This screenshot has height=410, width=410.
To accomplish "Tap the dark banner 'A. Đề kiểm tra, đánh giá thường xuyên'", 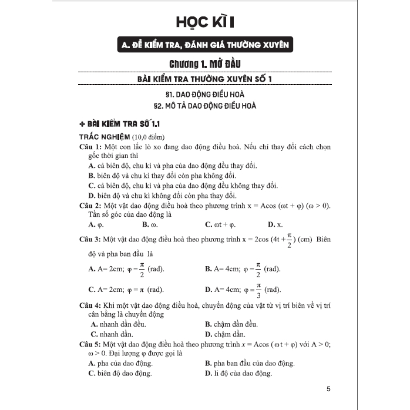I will [204, 45].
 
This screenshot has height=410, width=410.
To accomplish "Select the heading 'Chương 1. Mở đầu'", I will [205, 63].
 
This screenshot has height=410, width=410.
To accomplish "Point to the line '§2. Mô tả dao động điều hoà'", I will [204, 106].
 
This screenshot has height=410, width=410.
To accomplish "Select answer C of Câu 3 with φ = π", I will [126, 290].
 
